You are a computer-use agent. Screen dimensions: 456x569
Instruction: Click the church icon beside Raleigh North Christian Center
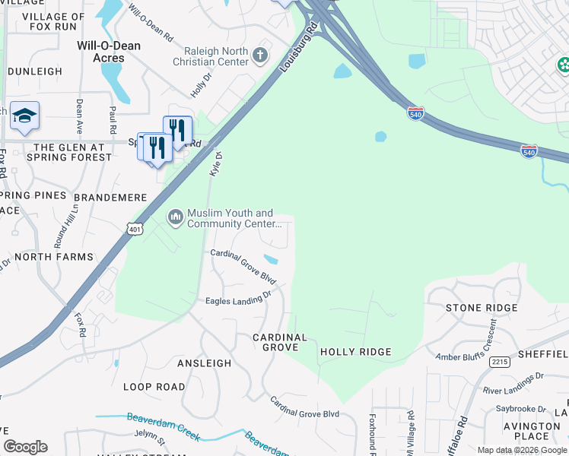tap(260, 55)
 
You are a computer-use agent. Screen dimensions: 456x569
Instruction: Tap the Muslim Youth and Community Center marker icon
tap(176, 218)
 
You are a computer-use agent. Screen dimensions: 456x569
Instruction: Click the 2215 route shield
tap(500, 362)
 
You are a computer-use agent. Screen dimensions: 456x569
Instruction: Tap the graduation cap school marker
tap(24, 116)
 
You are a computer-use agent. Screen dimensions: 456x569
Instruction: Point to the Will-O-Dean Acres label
tap(109, 52)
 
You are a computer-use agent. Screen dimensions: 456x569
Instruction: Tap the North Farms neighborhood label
tap(54, 257)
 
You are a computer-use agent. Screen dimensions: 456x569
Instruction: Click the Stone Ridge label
tap(482, 308)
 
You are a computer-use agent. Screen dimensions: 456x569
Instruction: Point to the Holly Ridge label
tap(355, 352)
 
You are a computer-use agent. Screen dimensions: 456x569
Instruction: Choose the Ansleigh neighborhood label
tap(204, 363)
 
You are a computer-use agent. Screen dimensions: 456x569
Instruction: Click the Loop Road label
tap(154, 387)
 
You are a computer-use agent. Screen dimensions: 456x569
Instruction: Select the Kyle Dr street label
tap(215, 165)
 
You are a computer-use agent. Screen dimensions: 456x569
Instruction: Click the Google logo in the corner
tap(26, 447)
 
